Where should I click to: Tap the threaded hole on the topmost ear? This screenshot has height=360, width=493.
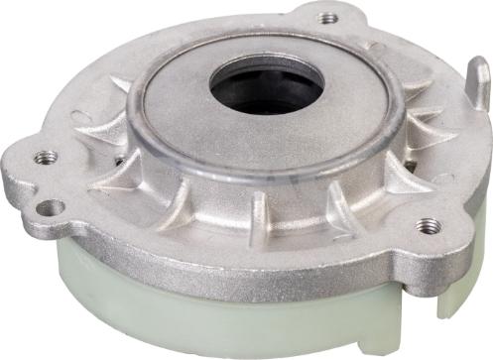click(328, 17)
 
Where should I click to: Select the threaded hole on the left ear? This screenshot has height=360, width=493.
click(45, 157)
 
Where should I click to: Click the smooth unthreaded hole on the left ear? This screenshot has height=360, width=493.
click(53, 207)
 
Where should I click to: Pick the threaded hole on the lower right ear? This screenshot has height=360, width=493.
click(430, 225)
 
